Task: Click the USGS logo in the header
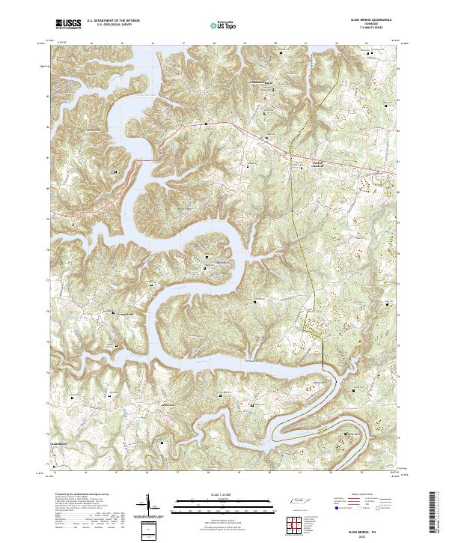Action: click(x=68, y=25)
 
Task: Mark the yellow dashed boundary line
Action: click(x=293, y=225)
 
